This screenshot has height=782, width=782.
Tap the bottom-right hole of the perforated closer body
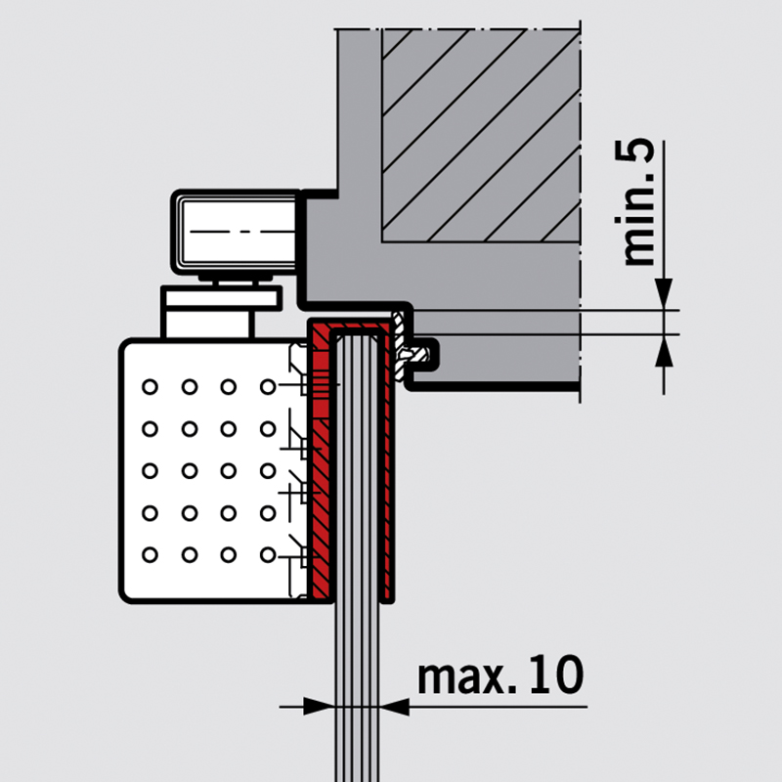[x=267, y=555]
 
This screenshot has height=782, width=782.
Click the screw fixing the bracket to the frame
[x=420, y=354]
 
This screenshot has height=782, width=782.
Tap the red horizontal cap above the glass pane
[x=352, y=326]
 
